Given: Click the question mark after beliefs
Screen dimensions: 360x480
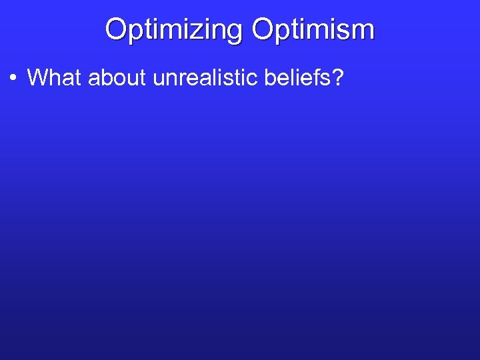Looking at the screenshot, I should (338, 78).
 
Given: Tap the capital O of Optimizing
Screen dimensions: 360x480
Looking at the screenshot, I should (116, 29).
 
